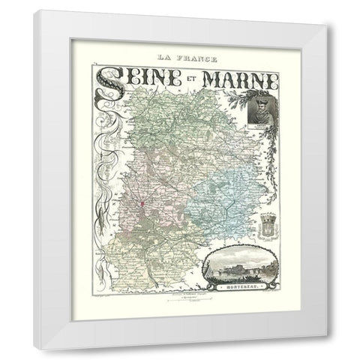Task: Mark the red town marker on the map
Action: [140, 203]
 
